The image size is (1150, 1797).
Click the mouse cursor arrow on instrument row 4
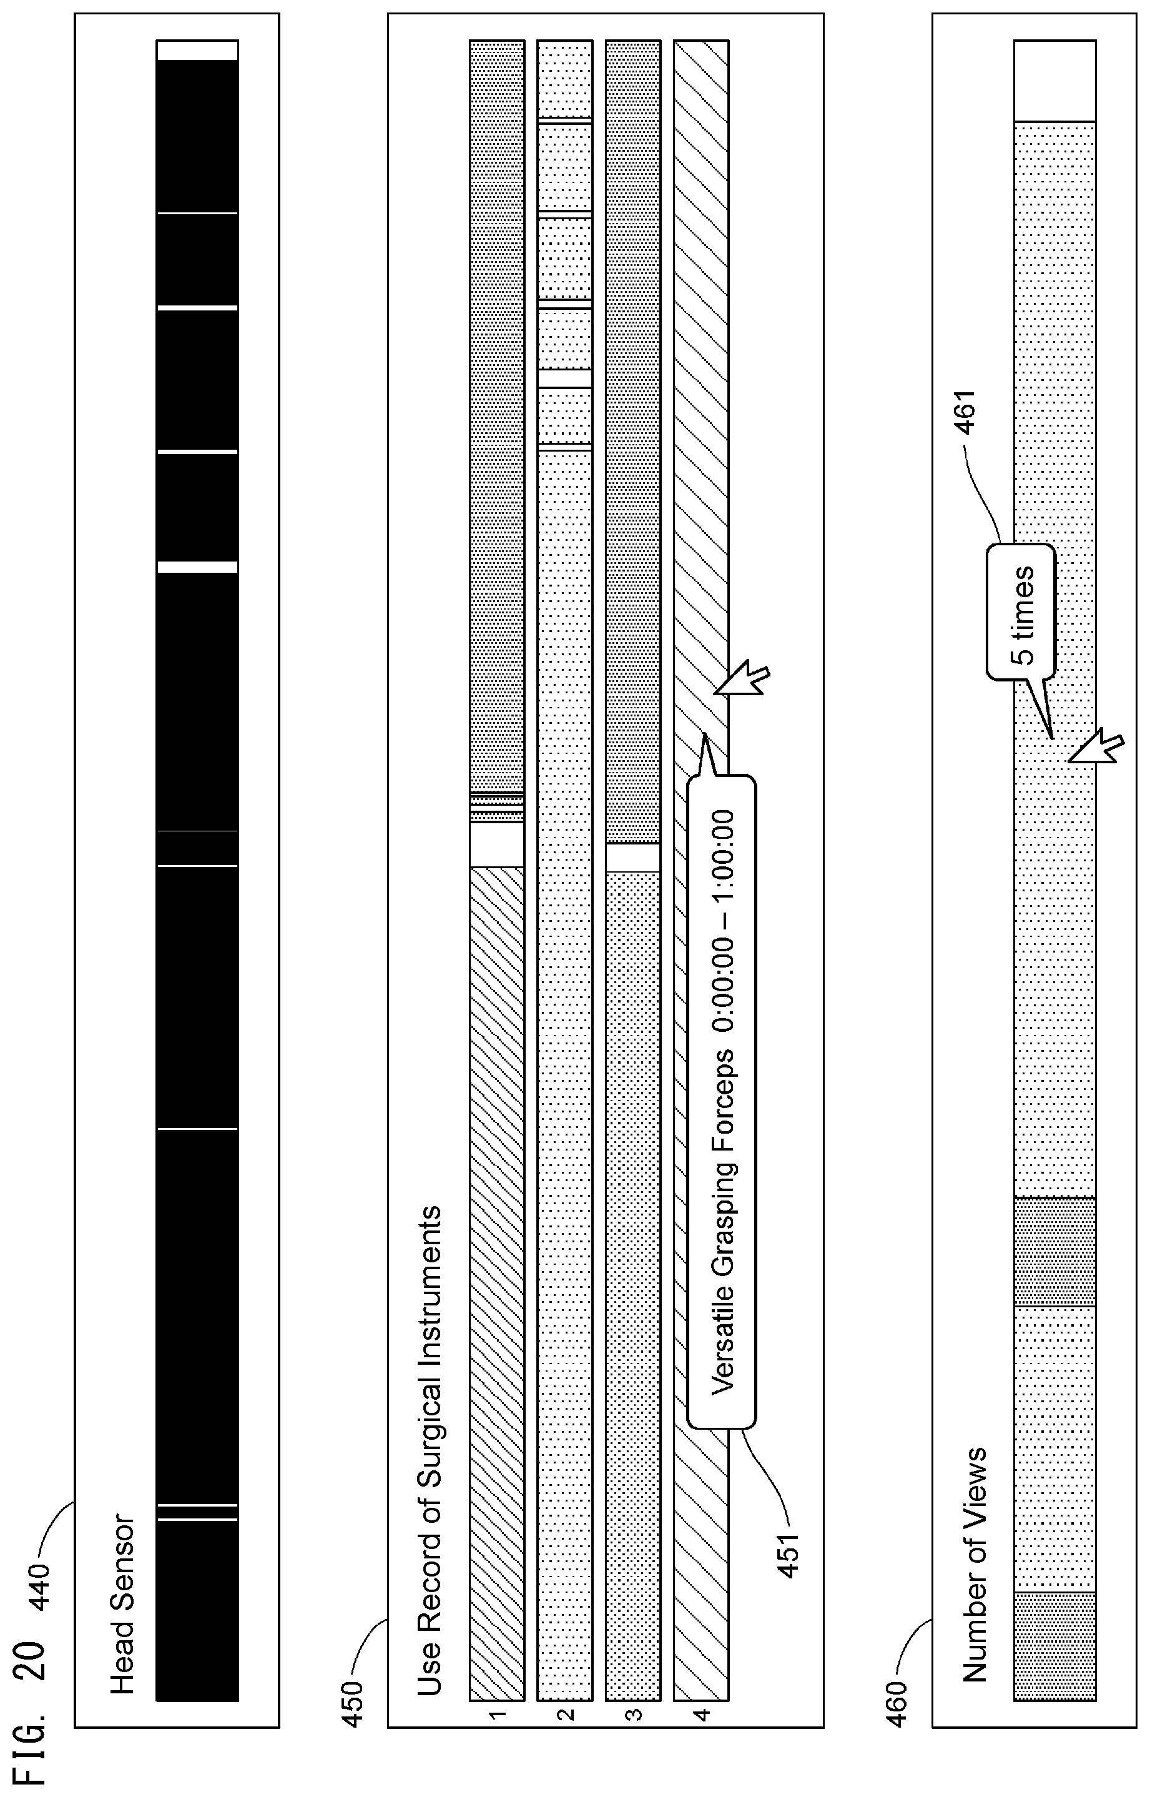click(x=742, y=679)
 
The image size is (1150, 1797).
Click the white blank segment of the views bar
click(x=1054, y=81)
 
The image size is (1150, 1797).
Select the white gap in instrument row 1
click(x=496, y=844)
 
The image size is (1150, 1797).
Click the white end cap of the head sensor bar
click(x=197, y=50)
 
